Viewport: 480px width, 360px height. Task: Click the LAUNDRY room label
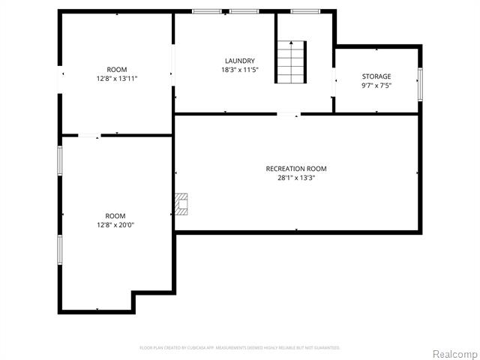click(239, 61)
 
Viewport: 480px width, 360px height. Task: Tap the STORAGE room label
click(376, 76)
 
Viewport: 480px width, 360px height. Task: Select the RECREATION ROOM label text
click(296, 169)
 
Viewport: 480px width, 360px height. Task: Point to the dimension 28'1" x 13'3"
click(296, 178)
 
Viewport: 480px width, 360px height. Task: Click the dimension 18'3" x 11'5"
click(239, 70)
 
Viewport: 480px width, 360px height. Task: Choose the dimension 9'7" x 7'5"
click(376, 85)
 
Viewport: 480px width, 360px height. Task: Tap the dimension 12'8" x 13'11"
click(117, 78)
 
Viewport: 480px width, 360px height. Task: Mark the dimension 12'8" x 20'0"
click(115, 224)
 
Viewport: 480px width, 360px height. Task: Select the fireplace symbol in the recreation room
click(181, 203)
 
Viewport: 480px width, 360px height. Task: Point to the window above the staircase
click(305, 11)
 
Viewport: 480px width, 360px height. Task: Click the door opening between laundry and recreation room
click(289, 114)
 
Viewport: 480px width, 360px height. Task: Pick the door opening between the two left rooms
click(89, 136)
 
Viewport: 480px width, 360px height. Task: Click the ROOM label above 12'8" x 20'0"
click(115, 215)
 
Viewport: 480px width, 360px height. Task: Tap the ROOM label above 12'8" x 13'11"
click(117, 69)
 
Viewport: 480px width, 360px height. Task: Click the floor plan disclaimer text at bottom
click(240, 348)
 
